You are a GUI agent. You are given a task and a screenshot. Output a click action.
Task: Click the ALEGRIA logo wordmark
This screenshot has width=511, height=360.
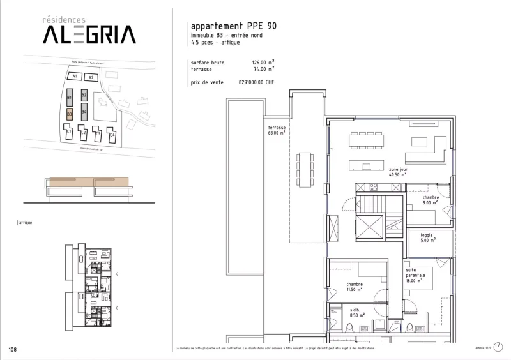pos(89,34)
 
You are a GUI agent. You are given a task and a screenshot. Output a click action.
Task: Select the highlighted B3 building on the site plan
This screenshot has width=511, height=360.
pos(70,115)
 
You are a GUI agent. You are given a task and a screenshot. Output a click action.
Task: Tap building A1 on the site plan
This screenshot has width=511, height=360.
pos(75,77)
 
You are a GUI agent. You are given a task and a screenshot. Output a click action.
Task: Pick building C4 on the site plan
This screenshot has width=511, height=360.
pos(112,135)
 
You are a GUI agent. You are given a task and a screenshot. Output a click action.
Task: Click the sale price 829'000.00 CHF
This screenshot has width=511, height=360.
pos(256,83)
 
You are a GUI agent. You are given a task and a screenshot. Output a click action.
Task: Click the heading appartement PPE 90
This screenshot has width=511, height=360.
pos(234,26)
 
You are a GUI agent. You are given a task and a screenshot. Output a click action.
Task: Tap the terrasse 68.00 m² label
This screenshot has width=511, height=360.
pos(277,130)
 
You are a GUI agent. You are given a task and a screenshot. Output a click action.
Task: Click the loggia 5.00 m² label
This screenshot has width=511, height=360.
pos(427,237)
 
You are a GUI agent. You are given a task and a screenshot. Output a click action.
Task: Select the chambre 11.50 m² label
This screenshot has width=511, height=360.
pos(355,287)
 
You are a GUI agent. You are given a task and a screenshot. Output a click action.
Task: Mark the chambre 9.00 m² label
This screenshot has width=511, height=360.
pos(431,201)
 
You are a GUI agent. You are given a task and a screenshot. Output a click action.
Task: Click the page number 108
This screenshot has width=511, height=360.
pos(13,349)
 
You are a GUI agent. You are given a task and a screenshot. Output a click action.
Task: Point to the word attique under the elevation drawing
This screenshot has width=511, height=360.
pos(27,223)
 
